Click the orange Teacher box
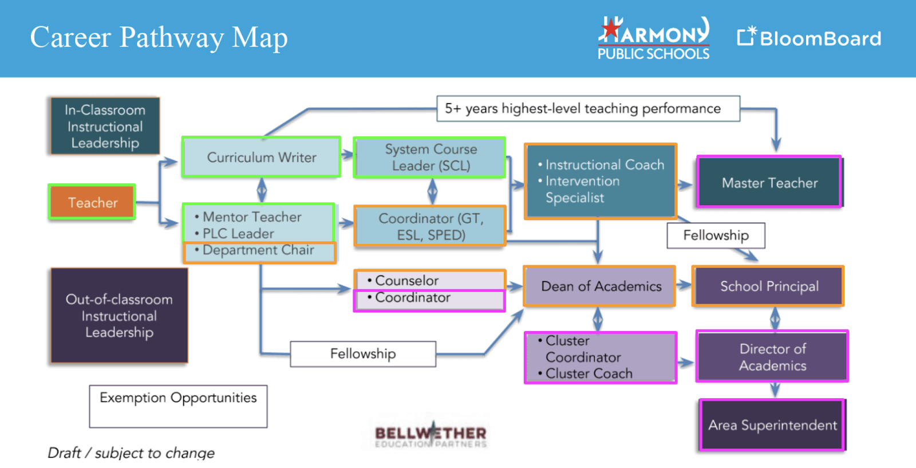click(92, 202)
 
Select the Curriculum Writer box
click(261, 157)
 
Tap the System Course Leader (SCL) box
click(430, 158)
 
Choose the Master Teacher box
click(769, 182)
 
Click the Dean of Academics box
click(599, 286)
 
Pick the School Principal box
click(768, 286)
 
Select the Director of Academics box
click(772, 356)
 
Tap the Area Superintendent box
click(772, 425)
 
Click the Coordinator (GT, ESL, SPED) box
click(430, 226)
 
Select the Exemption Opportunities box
click(178, 406)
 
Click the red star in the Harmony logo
click(611, 29)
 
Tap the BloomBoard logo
click(809, 38)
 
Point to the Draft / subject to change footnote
click(131, 453)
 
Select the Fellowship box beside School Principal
click(716, 235)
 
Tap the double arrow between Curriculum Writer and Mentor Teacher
click(262, 190)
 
